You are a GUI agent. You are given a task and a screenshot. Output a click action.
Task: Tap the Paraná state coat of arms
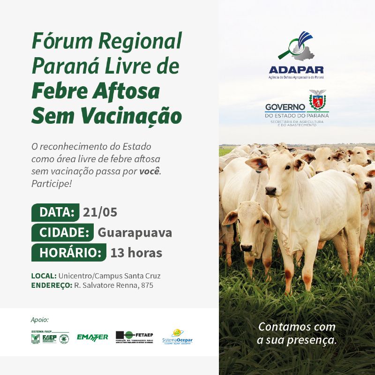click(x=317, y=99)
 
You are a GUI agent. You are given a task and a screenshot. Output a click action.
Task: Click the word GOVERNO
click(x=285, y=107)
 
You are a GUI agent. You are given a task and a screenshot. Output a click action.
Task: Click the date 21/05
click(x=100, y=212)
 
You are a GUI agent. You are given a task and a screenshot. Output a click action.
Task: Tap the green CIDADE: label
click(x=64, y=232)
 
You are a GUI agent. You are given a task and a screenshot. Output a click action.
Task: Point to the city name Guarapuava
click(x=135, y=232)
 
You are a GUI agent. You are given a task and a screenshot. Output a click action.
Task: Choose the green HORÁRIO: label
click(x=70, y=253)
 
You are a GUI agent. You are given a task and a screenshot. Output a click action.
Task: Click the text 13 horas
click(x=136, y=253)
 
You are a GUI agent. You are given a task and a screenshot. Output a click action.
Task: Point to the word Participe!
click(x=52, y=183)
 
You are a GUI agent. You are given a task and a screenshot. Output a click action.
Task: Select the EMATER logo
click(x=92, y=337)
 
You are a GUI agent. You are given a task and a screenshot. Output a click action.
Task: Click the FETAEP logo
click(x=135, y=337)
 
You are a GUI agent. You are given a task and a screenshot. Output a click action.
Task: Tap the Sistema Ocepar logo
click(x=177, y=337)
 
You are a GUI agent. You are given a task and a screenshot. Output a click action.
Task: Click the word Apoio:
click(x=40, y=320)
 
